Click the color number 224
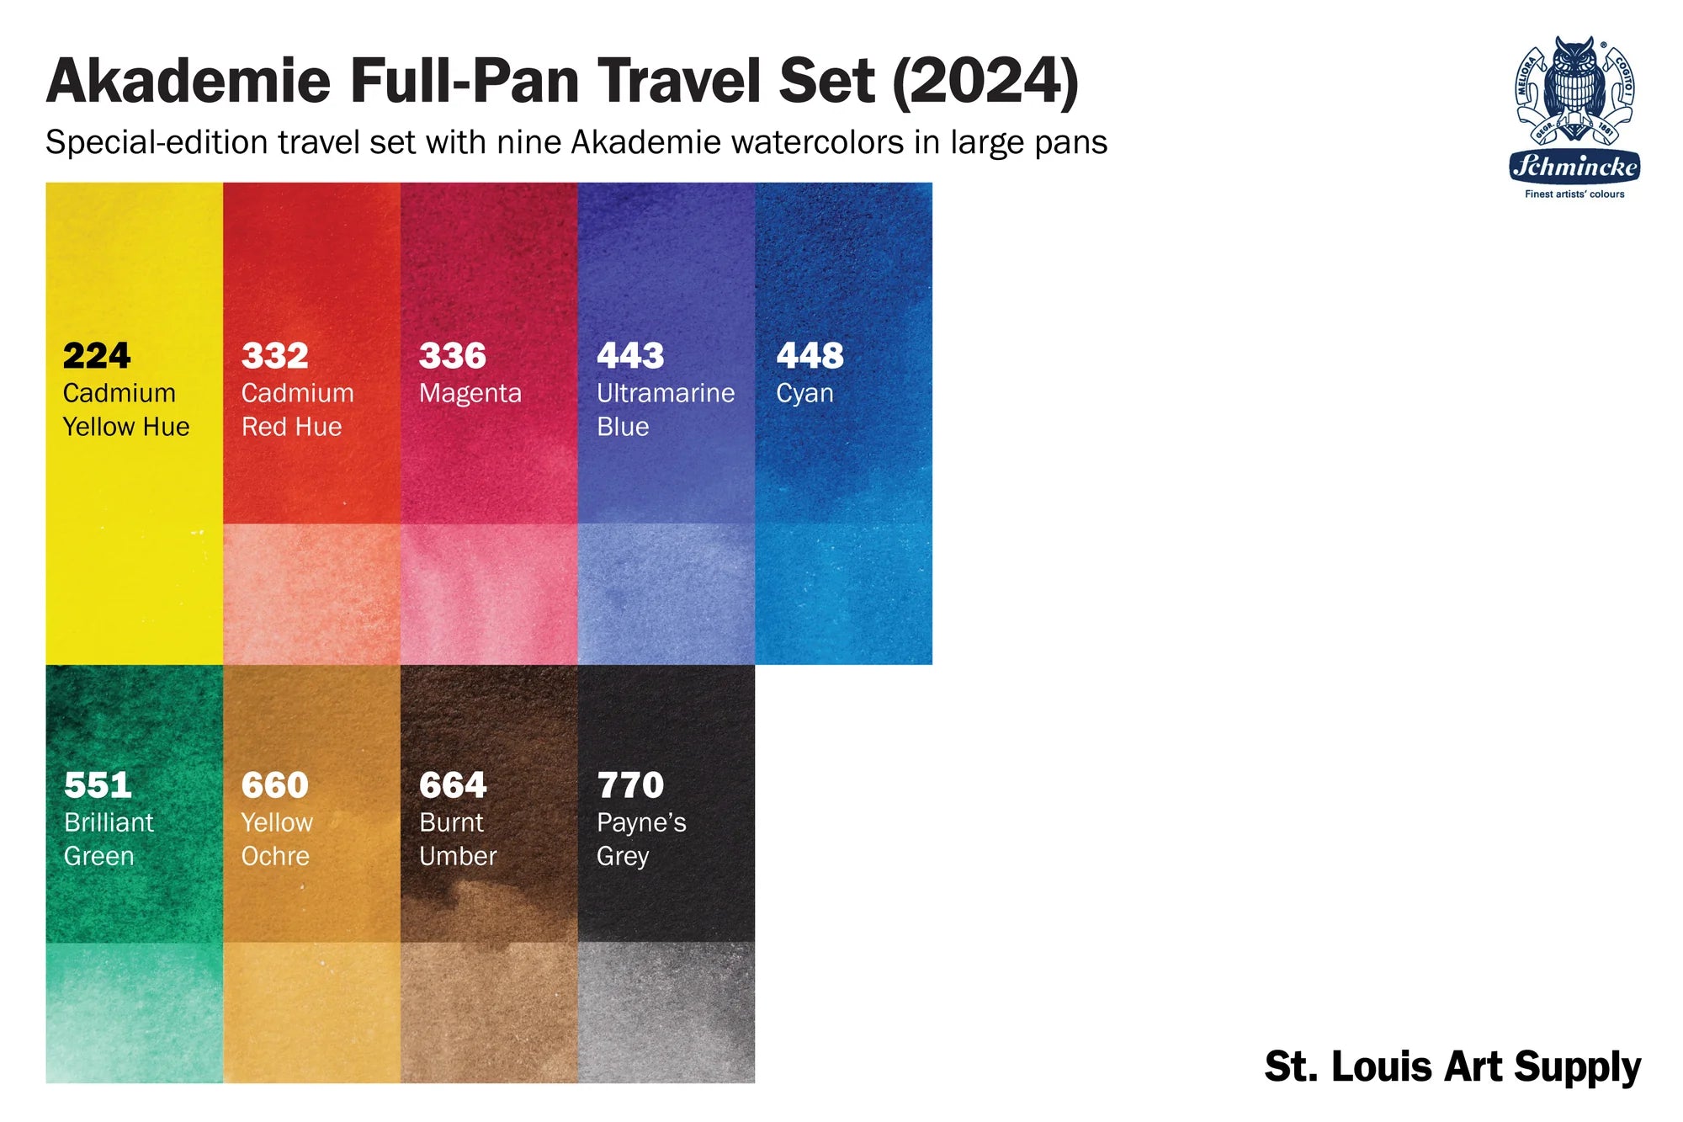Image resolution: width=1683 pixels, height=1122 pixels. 97,356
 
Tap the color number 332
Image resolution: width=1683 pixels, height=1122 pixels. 275,356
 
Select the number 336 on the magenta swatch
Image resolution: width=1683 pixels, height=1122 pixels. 453,356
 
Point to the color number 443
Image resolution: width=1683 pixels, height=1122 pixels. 630,356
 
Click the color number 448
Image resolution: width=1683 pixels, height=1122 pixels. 810,356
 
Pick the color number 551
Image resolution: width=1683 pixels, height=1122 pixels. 98,785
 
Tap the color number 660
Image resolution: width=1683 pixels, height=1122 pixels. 275,785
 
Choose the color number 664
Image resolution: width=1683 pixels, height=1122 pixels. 453,785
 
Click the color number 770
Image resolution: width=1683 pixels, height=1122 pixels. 630,785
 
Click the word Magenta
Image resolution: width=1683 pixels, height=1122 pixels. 470,393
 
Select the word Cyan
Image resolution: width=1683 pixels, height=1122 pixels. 804,394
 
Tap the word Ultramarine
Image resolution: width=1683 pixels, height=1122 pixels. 666,393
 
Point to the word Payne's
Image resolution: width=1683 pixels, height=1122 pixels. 641,823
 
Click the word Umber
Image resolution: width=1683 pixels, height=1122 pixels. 458,856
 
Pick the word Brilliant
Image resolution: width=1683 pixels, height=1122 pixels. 109,822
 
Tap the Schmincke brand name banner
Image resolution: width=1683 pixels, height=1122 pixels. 1574,166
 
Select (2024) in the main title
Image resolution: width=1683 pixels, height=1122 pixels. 985,82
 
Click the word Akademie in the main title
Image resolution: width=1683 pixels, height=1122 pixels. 188,82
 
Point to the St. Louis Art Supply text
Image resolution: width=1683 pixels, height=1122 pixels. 1452,1066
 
